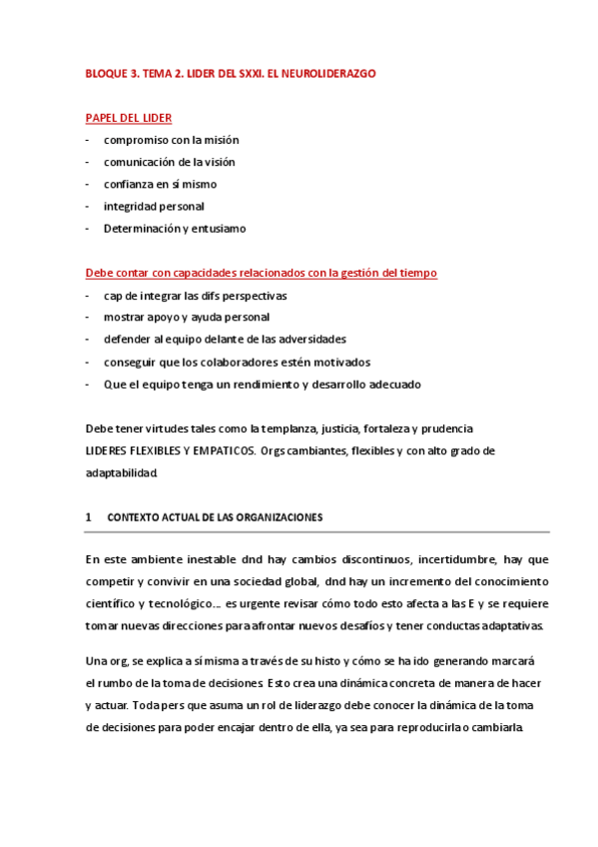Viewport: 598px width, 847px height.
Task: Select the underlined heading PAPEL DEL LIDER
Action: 129,118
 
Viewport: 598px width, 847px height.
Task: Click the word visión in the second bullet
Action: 217,162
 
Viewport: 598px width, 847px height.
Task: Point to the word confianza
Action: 131,184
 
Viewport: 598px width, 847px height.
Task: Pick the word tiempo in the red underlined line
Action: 416,273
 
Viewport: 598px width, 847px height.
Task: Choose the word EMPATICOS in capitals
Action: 219,450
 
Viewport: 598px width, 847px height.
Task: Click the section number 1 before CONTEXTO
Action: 89,517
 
